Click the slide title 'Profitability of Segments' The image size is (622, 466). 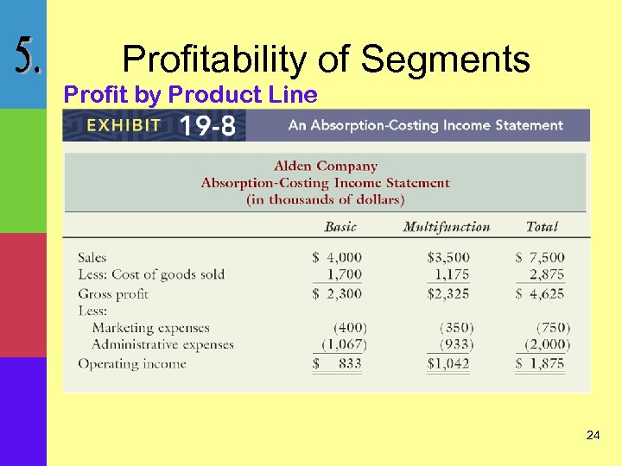point(326,60)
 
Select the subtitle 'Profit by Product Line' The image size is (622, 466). point(191,95)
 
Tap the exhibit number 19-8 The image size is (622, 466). point(206,126)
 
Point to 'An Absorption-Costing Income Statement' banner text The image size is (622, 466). point(425,126)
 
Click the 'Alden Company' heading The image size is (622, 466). point(326,166)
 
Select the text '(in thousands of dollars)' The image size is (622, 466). point(326,199)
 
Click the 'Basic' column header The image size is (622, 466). point(340,227)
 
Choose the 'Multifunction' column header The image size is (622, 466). point(446,227)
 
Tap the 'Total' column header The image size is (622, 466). point(542,227)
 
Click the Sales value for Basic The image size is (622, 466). point(338,257)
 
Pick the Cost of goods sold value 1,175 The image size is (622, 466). point(453,274)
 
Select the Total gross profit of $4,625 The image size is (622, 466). point(540,293)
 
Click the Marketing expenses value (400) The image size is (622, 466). point(350,328)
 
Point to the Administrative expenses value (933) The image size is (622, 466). point(456,345)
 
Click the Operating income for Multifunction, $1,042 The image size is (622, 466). point(448,363)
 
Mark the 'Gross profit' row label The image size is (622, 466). point(113,293)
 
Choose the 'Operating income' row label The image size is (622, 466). point(131,363)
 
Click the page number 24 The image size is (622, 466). point(593,435)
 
